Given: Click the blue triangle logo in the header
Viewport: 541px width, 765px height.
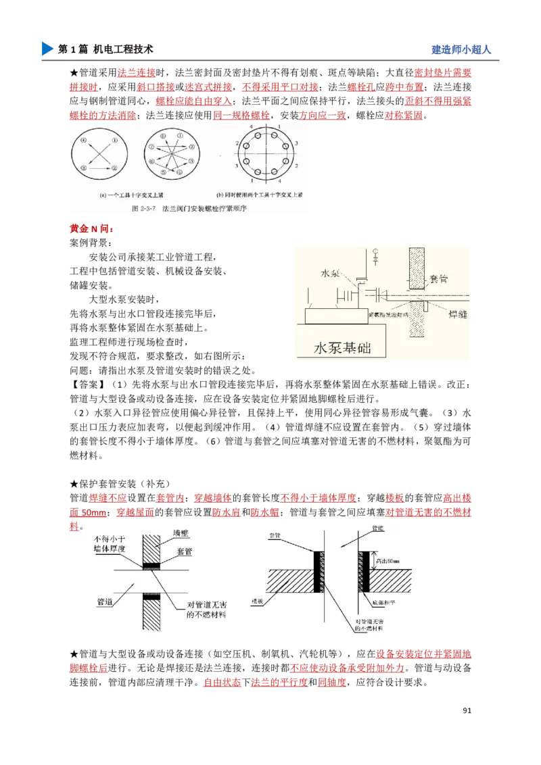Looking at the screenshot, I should (x=46, y=49).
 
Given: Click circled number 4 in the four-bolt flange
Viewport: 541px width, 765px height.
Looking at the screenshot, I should (x=83, y=141).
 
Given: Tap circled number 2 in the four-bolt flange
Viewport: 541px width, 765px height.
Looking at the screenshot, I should (x=115, y=167).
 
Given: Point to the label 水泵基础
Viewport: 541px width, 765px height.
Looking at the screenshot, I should (x=343, y=348).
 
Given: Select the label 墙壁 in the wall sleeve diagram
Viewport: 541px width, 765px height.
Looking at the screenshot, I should (x=181, y=534).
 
